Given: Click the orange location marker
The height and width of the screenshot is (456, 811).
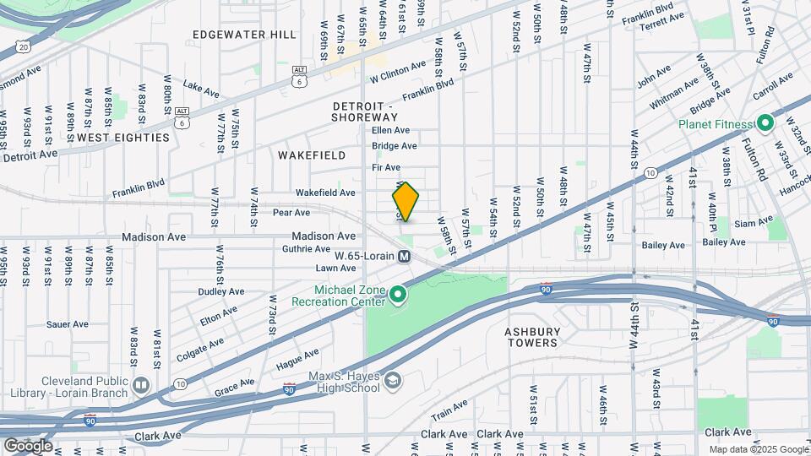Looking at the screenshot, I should click(405, 202).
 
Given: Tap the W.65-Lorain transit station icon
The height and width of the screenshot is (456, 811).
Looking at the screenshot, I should click(405, 256).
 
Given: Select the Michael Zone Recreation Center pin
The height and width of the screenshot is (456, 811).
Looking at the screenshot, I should click(397, 295).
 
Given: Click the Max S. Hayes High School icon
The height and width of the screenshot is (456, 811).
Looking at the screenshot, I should click(392, 381).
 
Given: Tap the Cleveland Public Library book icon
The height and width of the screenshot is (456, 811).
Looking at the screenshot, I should click(140, 387).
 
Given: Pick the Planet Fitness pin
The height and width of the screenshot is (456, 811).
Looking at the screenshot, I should click(765, 124).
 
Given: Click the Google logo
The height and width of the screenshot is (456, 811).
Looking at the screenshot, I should click(28, 445).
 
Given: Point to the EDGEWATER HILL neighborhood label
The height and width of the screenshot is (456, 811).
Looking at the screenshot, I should click(244, 35).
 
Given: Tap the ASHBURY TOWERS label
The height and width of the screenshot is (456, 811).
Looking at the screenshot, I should click(532, 337).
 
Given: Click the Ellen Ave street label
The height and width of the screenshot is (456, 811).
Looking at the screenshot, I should click(391, 130).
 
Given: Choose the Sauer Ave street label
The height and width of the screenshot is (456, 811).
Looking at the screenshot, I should click(68, 323).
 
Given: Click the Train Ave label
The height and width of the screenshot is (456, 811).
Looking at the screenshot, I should click(449, 410).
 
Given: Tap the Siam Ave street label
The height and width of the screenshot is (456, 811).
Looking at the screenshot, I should click(754, 223).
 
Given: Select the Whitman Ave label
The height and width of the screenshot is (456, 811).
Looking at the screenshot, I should click(674, 94).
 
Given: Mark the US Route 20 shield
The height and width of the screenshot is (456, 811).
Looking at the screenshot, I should click(24, 47).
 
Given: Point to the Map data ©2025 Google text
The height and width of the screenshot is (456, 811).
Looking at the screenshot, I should click(757, 449).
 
